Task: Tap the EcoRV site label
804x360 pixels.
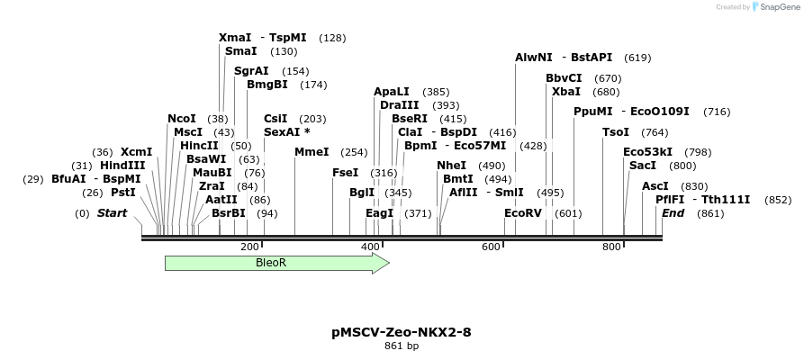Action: point(523,213)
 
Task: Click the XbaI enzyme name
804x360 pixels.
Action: point(566,92)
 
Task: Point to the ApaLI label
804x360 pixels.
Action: point(392,92)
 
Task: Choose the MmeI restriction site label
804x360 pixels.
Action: point(312,152)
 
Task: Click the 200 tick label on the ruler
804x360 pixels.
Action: point(249,247)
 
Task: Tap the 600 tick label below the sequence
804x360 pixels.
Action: point(491,247)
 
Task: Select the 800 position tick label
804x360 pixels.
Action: point(611,247)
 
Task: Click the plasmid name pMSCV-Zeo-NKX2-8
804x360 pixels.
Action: point(402,332)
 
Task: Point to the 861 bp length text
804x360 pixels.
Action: point(402,346)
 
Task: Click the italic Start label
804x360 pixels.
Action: point(112,213)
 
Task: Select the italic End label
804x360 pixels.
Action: point(673,213)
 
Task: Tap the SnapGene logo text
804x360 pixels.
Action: point(776,7)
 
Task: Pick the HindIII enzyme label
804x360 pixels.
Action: point(122,166)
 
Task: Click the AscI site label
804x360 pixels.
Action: point(655,186)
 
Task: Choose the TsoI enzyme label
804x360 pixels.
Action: point(616,132)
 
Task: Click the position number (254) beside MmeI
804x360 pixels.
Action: point(355,152)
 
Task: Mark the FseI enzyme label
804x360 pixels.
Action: point(346,173)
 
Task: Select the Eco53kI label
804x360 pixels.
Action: point(647,152)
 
